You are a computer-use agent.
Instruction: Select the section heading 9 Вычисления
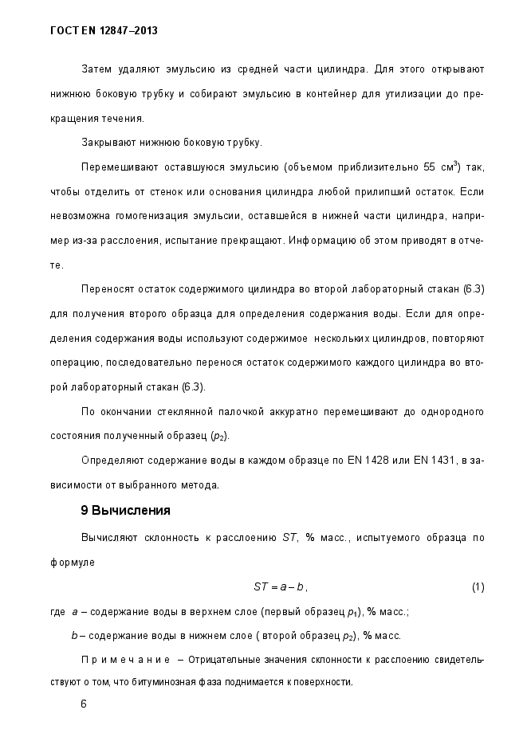coord(126,510)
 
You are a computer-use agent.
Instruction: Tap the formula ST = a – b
coord(279,587)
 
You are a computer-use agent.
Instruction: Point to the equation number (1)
coord(478,587)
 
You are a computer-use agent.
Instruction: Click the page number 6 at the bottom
coord(85,704)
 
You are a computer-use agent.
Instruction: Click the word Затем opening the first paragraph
coord(97,69)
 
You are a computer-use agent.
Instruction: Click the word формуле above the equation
coord(71,562)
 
